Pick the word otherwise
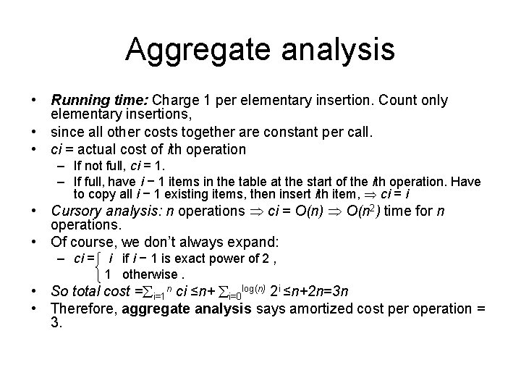(150, 274)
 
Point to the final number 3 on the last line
(54, 324)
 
